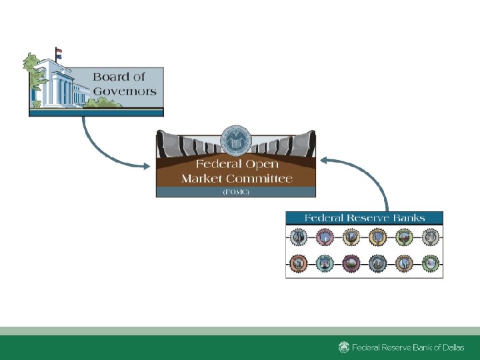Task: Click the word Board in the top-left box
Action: pyautogui.click(x=110, y=77)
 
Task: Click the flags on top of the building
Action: pyautogui.click(x=58, y=53)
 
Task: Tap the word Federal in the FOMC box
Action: pyautogui.click(x=217, y=165)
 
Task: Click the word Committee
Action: pyautogui.click(x=261, y=179)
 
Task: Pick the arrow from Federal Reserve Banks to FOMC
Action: pyautogui.click(x=373, y=173)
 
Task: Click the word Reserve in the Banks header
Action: pyautogui.click(x=372, y=218)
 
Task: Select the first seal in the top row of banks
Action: pyautogui.click(x=299, y=237)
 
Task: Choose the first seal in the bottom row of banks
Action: pyautogui.click(x=299, y=264)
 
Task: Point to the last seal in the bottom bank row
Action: pyautogui.click(x=430, y=264)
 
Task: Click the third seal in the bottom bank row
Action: pyautogui.click(x=351, y=264)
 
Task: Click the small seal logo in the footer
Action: pyautogui.click(x=343, y=347)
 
